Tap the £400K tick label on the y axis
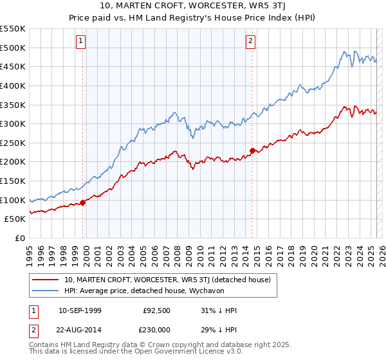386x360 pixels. click(13, 85)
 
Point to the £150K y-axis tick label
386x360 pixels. click(13, 181)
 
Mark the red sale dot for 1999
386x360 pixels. click(83, 203)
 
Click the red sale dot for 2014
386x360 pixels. click(252, 150)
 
